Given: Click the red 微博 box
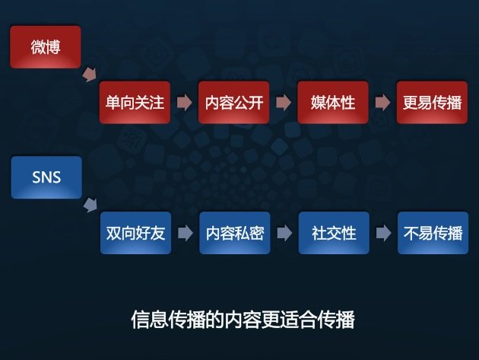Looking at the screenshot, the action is (46, 46).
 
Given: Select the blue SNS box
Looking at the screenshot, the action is (46, 177).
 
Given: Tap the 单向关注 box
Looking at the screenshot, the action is (135, 102).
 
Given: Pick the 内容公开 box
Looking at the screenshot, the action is (233, 102).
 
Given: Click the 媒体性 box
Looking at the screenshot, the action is (333, 102).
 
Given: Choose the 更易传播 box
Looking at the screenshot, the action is (432, 102).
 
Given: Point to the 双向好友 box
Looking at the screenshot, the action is (135, 233).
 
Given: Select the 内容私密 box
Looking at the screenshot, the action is (235, 233).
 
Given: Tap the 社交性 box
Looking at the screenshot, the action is (334, 233).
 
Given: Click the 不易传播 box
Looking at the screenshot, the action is (433, 233).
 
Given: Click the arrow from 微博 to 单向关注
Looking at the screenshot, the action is (90, 75).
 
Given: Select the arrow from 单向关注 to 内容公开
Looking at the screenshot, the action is (185, 102).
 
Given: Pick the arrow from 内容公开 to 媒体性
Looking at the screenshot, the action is (284, 102).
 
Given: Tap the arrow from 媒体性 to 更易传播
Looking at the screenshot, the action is (382, 102).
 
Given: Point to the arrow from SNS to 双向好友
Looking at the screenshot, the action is (90, 205).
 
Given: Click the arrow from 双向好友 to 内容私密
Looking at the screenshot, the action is (186, 233).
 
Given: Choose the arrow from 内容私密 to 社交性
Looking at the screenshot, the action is (284, 233).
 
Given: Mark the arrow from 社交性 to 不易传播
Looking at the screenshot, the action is (383, 233).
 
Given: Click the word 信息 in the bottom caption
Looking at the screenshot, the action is (150, 320).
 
